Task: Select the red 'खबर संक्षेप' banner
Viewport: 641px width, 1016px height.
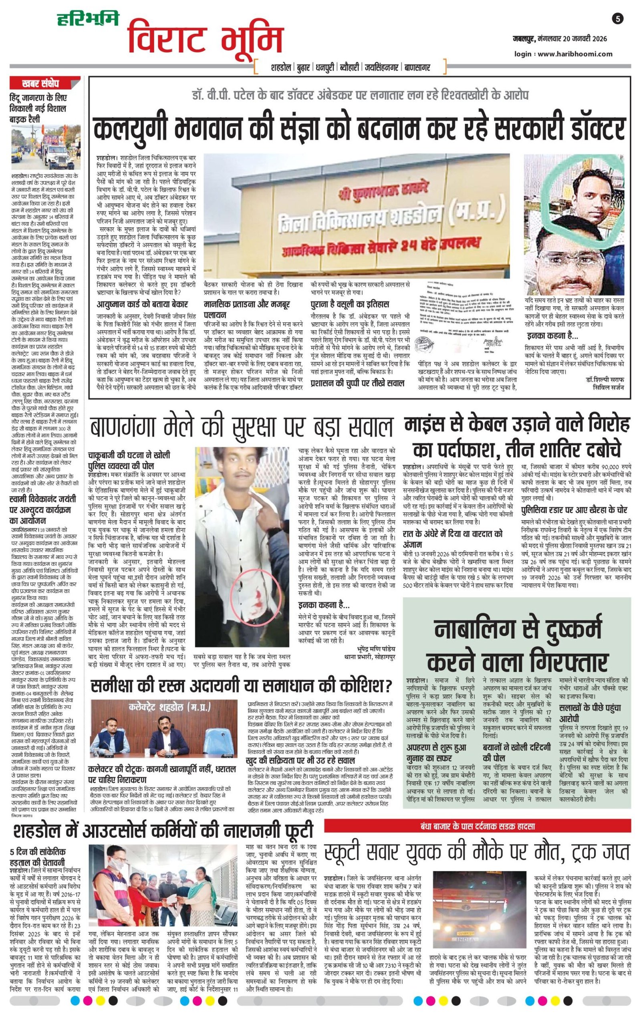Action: pyautogui.click(x=40, y=83)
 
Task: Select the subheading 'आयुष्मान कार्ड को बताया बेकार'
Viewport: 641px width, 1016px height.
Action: pyautogui.click(x=142, y=304)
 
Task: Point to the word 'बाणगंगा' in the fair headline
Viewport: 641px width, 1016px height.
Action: pyautogui.click(x=127, y=427)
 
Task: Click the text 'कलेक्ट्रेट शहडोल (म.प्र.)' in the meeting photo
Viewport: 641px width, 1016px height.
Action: pyautogui.click(x=169, y=707)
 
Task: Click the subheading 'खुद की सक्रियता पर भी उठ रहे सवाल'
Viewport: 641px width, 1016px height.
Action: pyautogui.click(x=300, y=760)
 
